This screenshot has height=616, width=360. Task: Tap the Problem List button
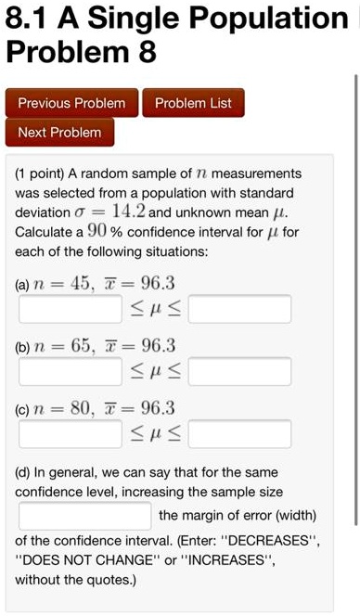click(x=194, y=103)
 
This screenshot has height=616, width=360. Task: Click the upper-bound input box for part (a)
click(x=240, y=308)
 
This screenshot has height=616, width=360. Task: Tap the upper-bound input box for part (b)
click(x=240, y=371)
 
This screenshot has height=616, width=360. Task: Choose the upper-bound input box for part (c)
click(x=240, y=433)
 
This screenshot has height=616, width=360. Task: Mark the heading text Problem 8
click(x=82, y=53)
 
